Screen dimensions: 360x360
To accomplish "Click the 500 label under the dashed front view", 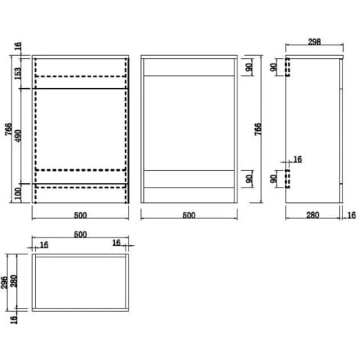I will [80, 215].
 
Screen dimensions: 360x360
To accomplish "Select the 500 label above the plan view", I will [80, 234].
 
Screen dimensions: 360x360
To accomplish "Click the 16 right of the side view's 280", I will [352, 215].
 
